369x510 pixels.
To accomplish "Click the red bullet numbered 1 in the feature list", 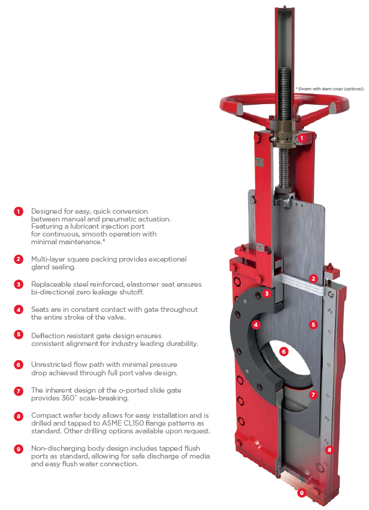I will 19,211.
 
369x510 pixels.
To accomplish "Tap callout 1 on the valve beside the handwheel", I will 302,138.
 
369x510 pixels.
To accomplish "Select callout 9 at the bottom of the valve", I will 302,493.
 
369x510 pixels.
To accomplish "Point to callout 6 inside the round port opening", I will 284,351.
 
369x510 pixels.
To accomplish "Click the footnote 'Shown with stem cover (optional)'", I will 330,89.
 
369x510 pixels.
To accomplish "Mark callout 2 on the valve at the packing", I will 313,278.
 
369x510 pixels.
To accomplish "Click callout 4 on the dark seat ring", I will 256,325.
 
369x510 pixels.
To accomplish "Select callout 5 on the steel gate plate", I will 313,325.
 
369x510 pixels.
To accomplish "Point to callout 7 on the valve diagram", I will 313,395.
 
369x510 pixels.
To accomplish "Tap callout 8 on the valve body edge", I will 328,448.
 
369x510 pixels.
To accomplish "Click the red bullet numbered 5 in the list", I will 19,335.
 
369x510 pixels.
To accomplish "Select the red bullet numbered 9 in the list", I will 19,448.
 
